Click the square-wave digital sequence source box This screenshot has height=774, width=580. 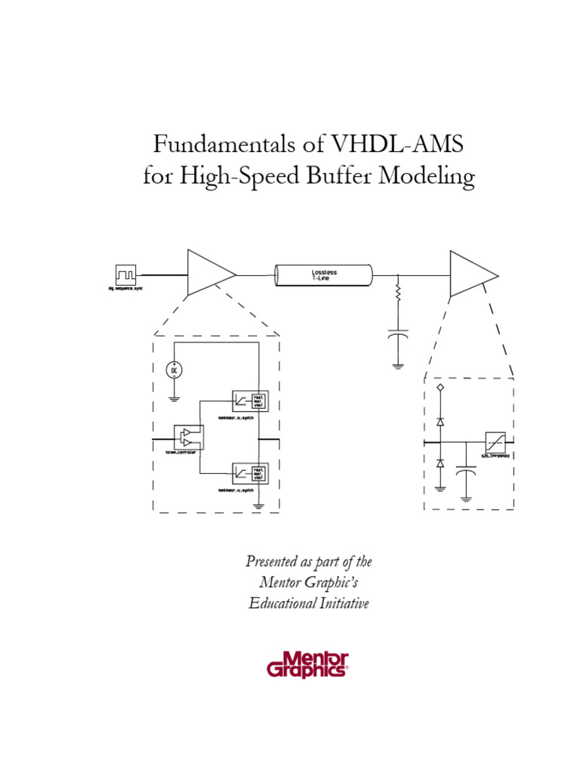click(125, 274)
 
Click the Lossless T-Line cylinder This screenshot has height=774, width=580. click(323, 275)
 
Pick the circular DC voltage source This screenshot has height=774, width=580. click(174, 370)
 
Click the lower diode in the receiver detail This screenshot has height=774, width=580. click(440, 461)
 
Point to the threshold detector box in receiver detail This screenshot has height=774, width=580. click(496, 441)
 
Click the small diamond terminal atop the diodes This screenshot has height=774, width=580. click(440, 388)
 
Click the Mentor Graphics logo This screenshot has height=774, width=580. click(307, 663)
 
